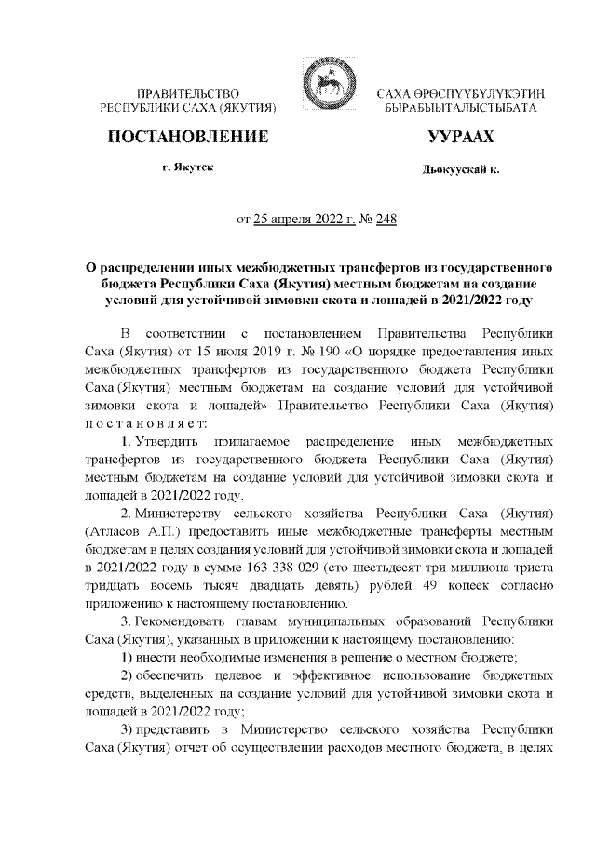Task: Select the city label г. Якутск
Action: click(x=187, y=169)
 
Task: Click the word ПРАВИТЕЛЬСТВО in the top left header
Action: click(x=188, y=95)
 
